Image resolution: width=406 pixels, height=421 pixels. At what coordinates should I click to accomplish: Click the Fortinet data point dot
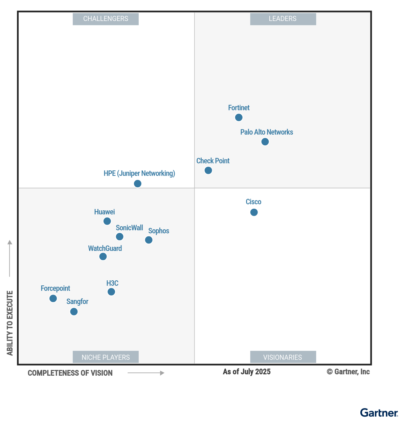coord(239,117)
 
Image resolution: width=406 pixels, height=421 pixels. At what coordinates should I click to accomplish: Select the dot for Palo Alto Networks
coord(265,142)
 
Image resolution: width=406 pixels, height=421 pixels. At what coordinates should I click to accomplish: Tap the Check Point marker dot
coord(208,170)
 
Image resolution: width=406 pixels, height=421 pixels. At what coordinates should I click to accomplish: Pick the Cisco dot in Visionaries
coord(254,212)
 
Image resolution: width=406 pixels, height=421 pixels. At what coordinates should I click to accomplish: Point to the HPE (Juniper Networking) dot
coord(138,184)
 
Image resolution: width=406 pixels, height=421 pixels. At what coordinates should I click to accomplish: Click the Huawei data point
coord(107,221)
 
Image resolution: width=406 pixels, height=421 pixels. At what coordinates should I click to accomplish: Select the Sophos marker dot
coord(149,240)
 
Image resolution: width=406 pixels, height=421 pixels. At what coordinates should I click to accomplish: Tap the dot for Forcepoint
coord(53,298)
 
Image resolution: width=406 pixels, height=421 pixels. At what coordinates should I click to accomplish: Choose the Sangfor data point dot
coord(74,311)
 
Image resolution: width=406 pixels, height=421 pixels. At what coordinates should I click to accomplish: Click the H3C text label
coord(112,283)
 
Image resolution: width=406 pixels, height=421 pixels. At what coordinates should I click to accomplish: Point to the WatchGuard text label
coord(105,249)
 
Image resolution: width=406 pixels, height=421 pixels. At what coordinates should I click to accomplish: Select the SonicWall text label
coord(129,228)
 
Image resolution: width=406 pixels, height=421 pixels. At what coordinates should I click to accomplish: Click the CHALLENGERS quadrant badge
coord(106,19)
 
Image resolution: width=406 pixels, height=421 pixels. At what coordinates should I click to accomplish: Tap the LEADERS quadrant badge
coord(283,19)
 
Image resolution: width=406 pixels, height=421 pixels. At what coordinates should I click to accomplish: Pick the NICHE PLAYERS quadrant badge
coord(106,357)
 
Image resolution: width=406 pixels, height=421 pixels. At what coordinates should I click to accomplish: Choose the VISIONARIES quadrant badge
coord(283,357)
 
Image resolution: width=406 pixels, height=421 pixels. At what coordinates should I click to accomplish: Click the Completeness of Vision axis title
coord(70,373)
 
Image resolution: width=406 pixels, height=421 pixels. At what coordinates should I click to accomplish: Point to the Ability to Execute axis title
coord(10,323)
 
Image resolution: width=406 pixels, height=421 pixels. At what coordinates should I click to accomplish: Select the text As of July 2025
coord(247,372)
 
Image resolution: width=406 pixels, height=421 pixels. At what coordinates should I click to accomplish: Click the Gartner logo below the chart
coord(379,413)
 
